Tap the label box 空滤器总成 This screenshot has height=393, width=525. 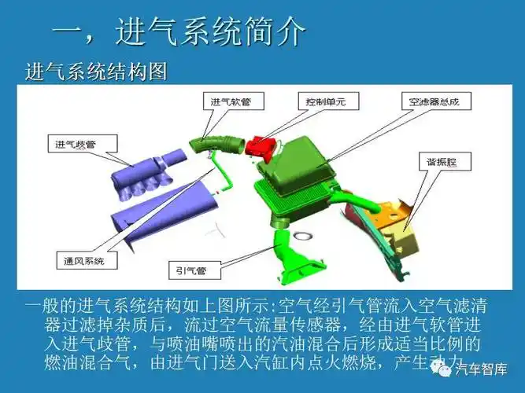pyautogui.click(x=434, y=102)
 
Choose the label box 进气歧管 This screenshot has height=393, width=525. pyautogui.click(x=82, y=144)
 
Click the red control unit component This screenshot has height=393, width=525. pyautogui.click(x=262, y=145)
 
